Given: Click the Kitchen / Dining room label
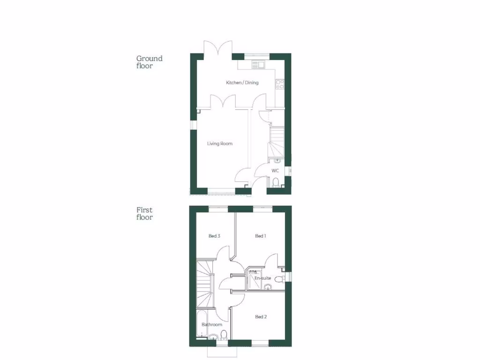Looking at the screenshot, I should point(242,83).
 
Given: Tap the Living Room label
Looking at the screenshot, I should point(220,143).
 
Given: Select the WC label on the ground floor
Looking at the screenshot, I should point(275,171).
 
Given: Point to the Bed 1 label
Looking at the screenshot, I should point(261,236).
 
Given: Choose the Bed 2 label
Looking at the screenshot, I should point(261,317).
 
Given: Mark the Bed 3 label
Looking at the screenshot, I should point(214,236).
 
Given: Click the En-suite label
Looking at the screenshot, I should point(262,278).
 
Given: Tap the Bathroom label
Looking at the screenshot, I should point(212,324).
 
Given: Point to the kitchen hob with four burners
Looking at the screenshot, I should point(280,84).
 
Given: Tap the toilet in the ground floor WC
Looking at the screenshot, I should point(276,182).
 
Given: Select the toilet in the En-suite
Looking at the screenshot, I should point(280,280).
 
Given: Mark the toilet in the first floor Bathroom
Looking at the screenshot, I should point(224,334).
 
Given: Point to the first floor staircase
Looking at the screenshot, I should point(205,281).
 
